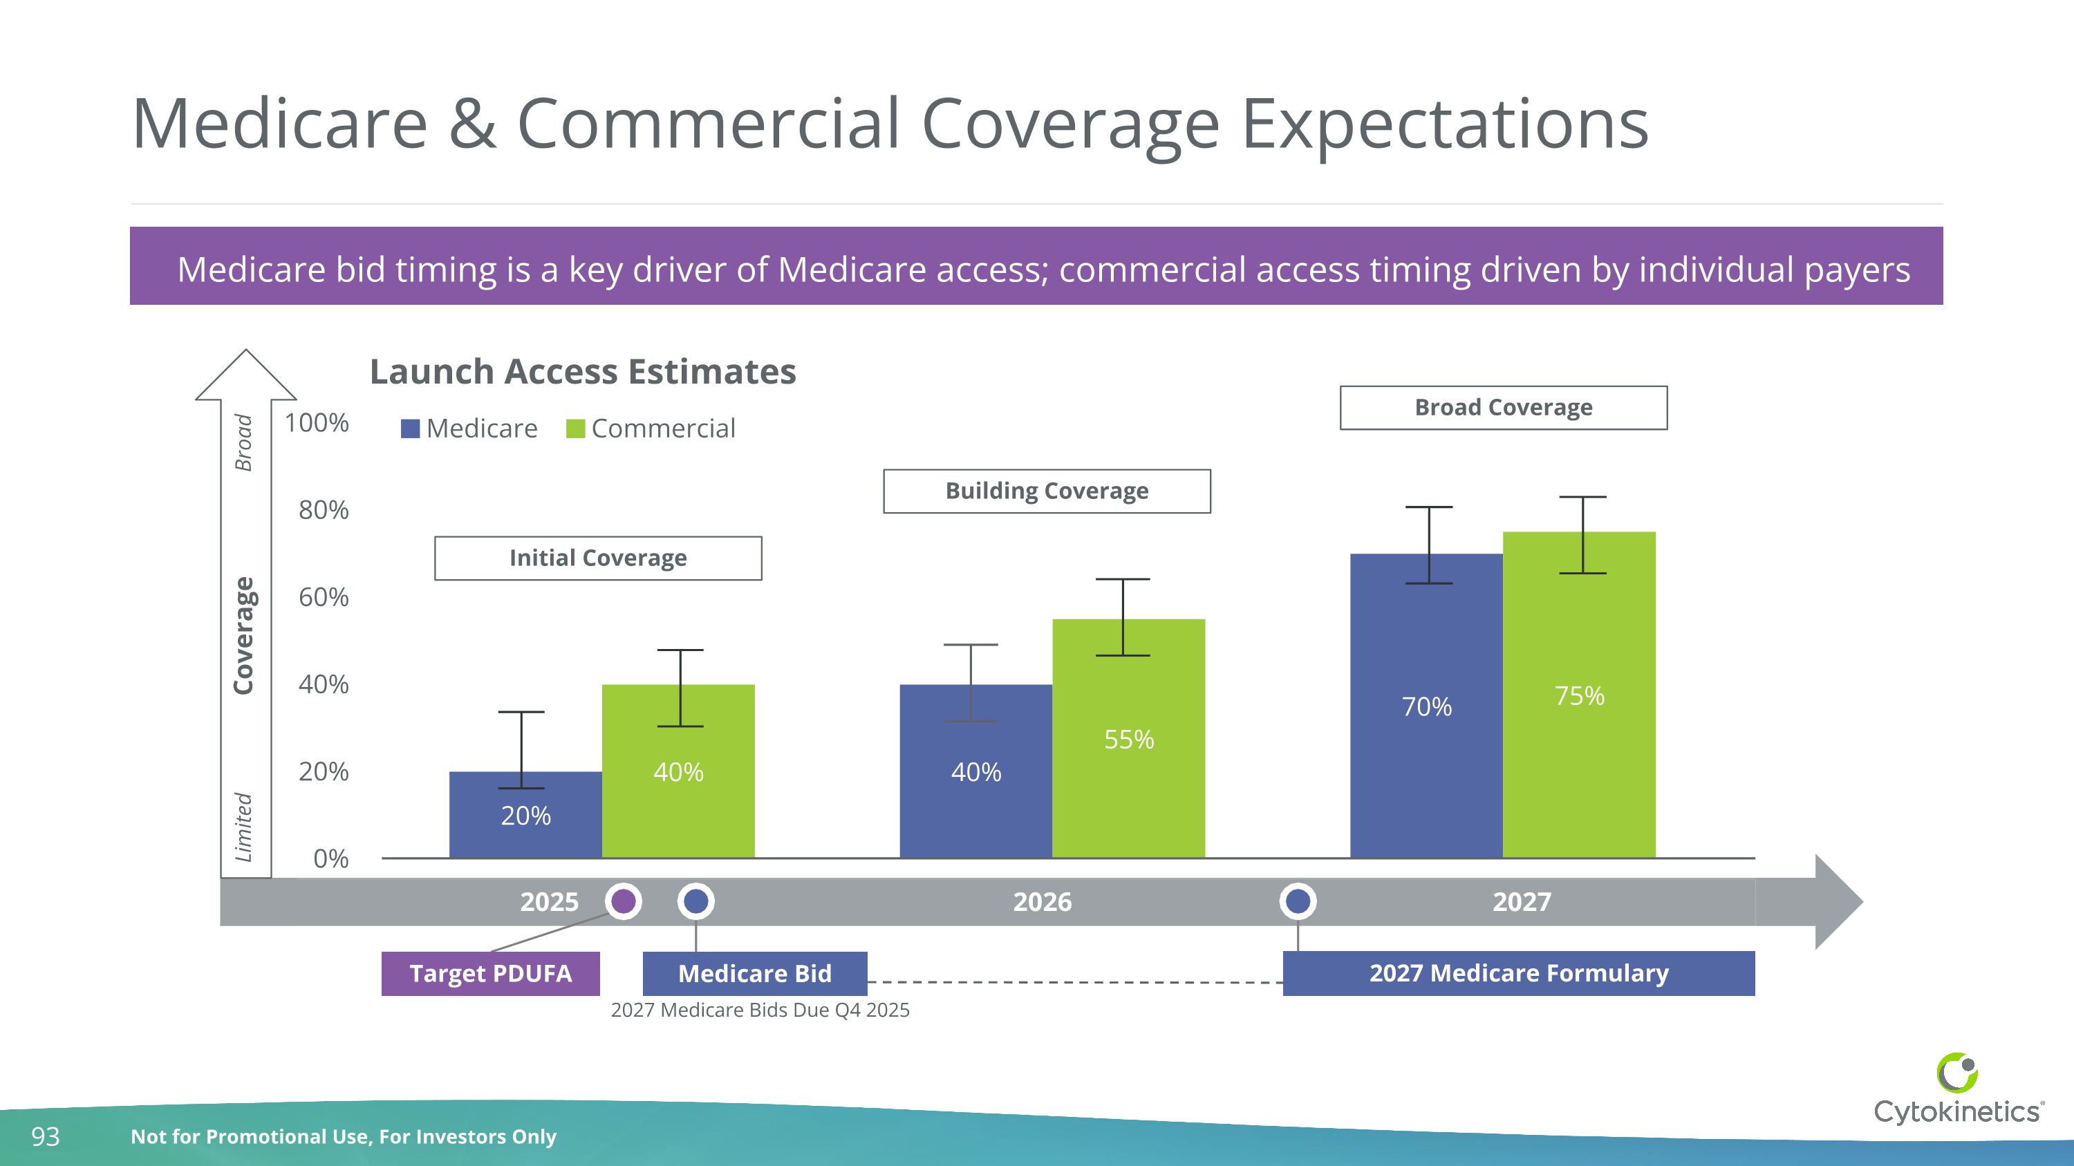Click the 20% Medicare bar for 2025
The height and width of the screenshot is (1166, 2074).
(525, 814)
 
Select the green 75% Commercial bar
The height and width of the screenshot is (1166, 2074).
(1579, 695)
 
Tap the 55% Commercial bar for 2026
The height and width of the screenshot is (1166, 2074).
(1128, 738)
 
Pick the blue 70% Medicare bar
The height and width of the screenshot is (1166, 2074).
(1426, 706)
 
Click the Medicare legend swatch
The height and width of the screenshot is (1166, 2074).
(411, 429)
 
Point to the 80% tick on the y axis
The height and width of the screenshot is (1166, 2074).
(323, 510)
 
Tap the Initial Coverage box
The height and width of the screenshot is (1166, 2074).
(597, 558)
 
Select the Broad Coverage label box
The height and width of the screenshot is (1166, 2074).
(1503, 408)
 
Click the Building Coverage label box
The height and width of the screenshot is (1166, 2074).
(1047, 491)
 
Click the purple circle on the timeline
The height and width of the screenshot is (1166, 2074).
(623, 901)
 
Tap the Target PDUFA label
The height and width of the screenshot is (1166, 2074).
(490, 974)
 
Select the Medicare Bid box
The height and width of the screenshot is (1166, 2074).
(754, 974)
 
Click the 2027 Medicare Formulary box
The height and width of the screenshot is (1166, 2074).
(1518, 974)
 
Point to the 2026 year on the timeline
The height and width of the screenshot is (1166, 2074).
(1042, 902)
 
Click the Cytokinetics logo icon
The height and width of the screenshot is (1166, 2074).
(1957, 1073)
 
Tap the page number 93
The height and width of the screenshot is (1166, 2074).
(45, 1136)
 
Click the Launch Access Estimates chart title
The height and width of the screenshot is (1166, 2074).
(582, 372)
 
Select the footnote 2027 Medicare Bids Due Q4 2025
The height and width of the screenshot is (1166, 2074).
(760, 1010)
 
